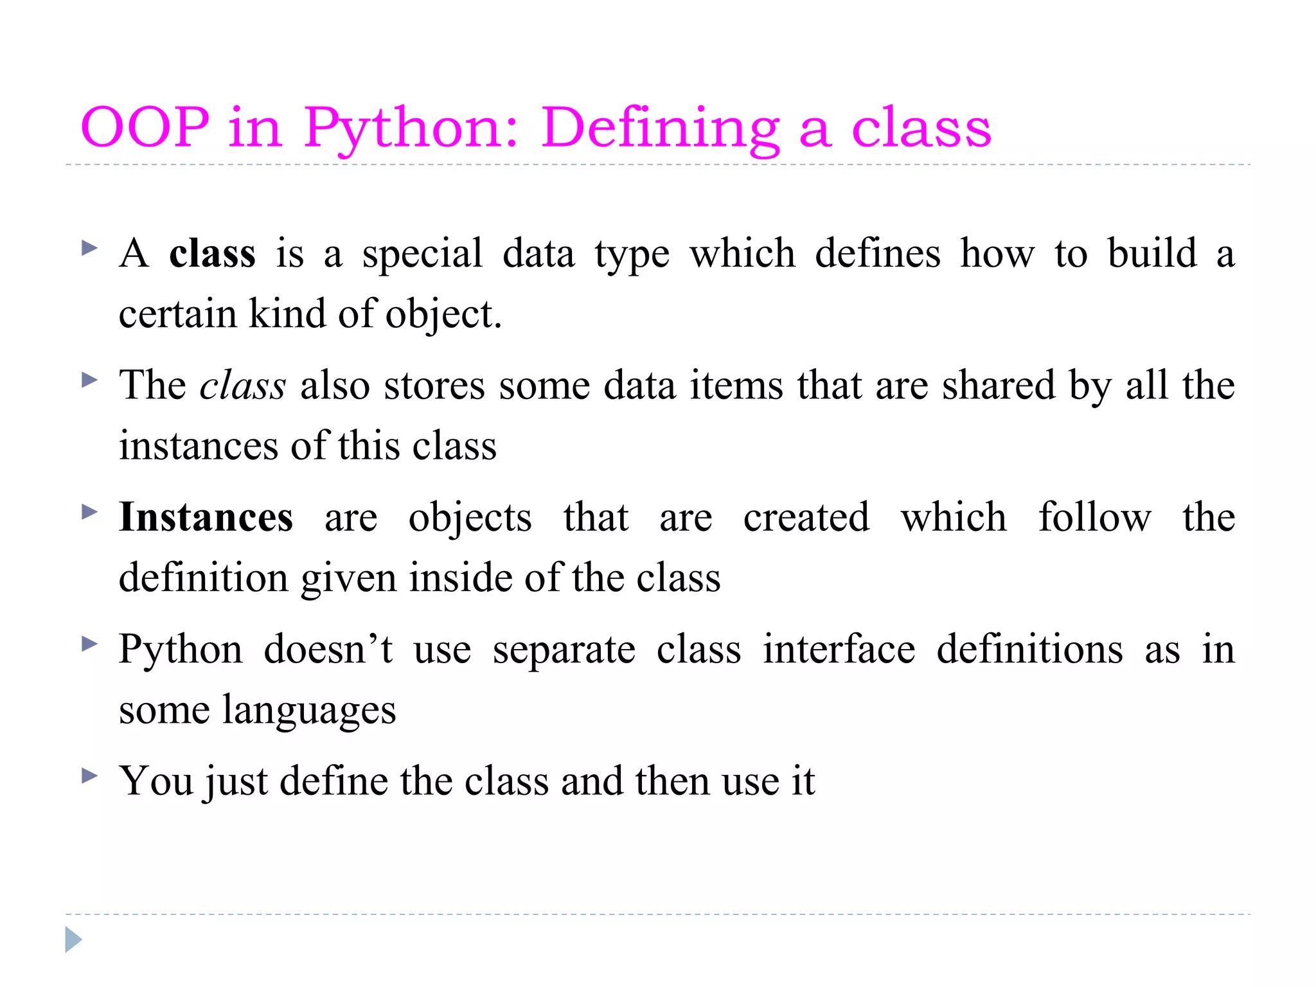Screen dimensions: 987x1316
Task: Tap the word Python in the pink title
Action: [x=410, y=129]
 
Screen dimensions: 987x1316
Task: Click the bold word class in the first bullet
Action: [x=212, y=253]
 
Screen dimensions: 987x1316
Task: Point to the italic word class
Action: [x=242, y=386]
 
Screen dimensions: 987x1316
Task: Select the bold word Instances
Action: [x=206, y=517]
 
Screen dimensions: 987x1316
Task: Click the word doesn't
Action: [x=328, y=649]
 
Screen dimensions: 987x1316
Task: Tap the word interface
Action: [x=839, y=649]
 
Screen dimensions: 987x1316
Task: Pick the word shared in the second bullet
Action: [x=999, y=386]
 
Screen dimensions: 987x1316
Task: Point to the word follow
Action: [x=1095, y=517]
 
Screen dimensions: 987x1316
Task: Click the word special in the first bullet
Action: [x=422, y=254]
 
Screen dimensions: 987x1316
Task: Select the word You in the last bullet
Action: [x=156, y=781]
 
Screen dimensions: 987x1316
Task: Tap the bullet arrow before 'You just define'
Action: [x=89, y=776]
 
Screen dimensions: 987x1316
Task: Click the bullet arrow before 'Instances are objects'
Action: [x=89, y=512]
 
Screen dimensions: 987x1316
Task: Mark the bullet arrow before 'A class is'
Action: [x=89, y=248]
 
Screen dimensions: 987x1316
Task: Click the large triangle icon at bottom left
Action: [x=73, y=940]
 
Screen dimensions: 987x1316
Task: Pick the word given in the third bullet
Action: [x=348, y=578]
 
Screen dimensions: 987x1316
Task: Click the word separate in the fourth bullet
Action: [x=564, y=650]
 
